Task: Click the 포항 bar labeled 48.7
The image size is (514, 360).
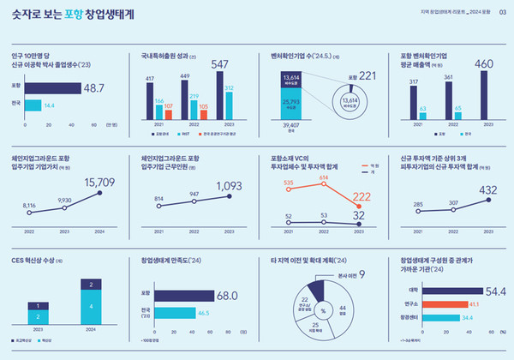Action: [x=51, y=87]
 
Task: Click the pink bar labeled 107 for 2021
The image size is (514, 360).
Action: [x=169, y=115]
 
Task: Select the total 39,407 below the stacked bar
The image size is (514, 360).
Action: [x=291, y=125]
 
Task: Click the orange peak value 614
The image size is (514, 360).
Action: [x=324, y=177]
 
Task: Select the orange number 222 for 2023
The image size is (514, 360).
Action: [x=361, y=197]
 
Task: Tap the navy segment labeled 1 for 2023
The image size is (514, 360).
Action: [x=37, y=304]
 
